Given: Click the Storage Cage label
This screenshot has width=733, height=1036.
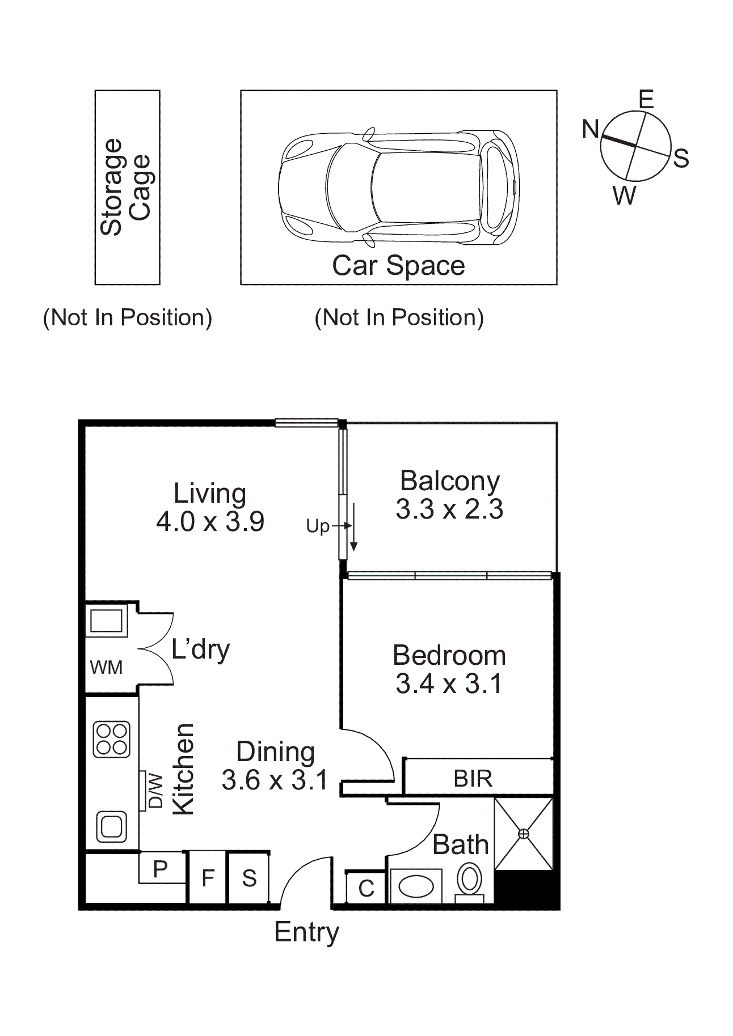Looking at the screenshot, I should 126,187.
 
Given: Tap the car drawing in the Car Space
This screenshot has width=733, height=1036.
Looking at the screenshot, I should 398,188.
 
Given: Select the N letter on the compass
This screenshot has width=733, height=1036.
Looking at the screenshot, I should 590,129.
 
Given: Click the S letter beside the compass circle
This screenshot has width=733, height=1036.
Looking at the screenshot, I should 681,159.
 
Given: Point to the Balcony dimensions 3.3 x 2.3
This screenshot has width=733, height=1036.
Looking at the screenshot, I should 449,509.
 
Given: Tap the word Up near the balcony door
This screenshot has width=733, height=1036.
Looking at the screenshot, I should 318,527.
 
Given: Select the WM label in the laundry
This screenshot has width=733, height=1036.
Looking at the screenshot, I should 106,668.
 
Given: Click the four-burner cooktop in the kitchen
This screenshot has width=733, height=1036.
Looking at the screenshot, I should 112,740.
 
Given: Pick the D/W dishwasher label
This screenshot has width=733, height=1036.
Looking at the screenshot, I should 155,791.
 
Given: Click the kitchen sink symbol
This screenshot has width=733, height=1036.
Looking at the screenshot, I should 111,826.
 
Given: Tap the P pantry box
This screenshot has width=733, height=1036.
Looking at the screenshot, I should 161,868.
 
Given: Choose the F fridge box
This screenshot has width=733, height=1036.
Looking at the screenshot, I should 208,878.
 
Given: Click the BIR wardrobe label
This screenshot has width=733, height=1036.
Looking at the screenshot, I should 473,779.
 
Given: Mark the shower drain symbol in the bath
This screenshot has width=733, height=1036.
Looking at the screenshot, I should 523,834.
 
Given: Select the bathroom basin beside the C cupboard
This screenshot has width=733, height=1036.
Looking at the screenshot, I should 416,886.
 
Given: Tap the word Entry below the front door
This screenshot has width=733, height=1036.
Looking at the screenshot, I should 306,932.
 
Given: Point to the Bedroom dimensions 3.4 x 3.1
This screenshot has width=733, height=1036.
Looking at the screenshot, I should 449,683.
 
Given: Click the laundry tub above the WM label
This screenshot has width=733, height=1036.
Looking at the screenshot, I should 106,621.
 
